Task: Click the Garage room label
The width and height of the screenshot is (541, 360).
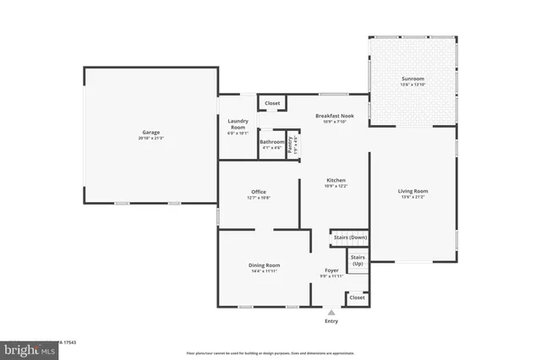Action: [150, 132]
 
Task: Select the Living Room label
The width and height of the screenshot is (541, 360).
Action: [413, 191]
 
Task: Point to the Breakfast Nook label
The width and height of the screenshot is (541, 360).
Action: [334, 116]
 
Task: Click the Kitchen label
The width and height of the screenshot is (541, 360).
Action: [336, 181]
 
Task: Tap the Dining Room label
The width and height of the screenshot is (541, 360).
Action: [264, 265]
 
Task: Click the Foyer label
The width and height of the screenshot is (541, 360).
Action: [331, 270]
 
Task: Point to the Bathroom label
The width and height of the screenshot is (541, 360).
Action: [271, 142]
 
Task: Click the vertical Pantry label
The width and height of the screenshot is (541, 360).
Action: [289, 144]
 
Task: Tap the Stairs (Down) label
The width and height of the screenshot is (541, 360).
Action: [349, 237]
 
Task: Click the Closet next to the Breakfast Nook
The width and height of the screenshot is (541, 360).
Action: [271, 103]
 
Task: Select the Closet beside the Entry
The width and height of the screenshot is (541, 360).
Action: [357, 297]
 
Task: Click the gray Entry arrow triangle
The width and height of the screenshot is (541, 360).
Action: [331, 312]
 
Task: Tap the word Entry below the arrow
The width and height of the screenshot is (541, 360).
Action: [331, 321]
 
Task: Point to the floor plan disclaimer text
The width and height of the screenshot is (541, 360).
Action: [270, 352]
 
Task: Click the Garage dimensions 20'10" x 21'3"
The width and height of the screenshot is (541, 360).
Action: [150, 137]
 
